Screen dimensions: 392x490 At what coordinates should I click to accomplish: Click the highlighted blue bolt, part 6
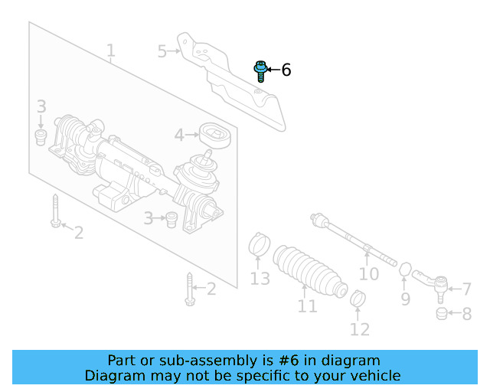coord(260,71)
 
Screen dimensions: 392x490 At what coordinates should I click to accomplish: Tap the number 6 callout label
coord(286,70)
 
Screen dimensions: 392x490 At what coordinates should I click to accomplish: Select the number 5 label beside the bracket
coord(162,51)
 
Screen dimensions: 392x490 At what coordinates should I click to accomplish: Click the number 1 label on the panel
coord(111,51)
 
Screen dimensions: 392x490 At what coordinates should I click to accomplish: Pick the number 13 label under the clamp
coord(260,279)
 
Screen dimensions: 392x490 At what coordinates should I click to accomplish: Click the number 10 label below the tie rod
coord(369,273)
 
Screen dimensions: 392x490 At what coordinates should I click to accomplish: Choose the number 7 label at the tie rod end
coord(466,289)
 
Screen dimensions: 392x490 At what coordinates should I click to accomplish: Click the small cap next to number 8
coord(441,313)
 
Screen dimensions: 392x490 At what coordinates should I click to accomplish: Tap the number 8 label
coord(466,313)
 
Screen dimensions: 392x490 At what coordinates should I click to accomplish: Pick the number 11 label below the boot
coord(307,306)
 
